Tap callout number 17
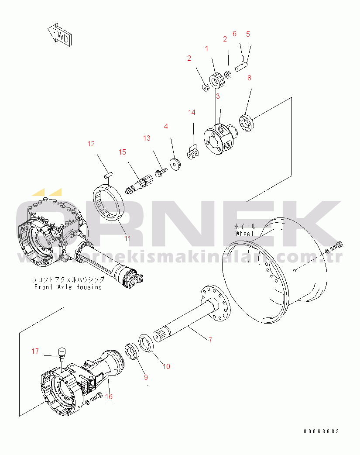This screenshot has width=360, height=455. click(35, 351)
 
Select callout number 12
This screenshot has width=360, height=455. click(90, 144)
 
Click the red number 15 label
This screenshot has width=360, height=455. click(122, 152)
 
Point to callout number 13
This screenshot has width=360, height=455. click(147, 138)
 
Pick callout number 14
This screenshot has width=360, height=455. click(192, 113)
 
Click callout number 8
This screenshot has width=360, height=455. click(249, 78)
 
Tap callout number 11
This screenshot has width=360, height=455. click(127, 238)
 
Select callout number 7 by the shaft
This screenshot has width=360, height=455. click(210, 340)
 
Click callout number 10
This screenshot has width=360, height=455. click(166, 366)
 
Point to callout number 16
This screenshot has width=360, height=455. click(109, 396)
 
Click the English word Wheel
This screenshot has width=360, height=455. click(244, 234)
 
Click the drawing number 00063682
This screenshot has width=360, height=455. click(321, 431)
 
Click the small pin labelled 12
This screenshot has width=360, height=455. click(108, 175)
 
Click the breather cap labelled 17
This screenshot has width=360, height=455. click(61, 351)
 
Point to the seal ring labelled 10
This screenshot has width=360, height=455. click(145, 342)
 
